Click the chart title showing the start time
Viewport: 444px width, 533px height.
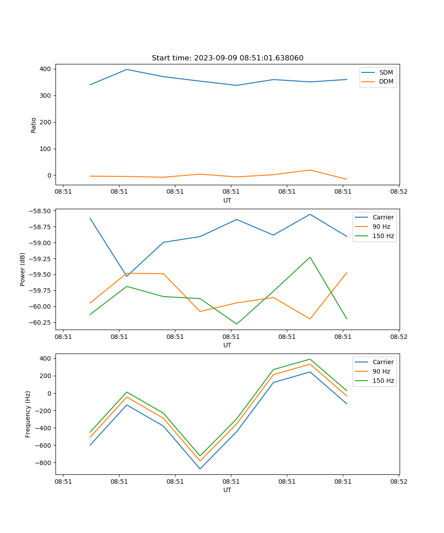(227, 58)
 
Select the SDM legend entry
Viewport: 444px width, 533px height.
(386, 72)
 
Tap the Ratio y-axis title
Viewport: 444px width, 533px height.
(34, 125)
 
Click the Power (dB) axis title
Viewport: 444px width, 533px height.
(23, 269)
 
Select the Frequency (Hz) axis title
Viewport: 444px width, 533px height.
(28, 414)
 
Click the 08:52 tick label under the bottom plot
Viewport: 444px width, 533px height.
(398, 481)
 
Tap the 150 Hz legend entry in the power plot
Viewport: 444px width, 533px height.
(383, 236)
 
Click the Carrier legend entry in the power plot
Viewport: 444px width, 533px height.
(383, 217)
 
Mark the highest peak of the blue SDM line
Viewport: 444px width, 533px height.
(127, 69)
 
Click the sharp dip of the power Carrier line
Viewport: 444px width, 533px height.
(127, 276)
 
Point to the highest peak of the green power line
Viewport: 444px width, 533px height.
(310, 257)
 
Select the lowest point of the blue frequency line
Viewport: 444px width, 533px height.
(200, 469)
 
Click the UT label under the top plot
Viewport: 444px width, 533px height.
(227, 200)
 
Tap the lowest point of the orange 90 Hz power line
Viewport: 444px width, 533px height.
(310, 319)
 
